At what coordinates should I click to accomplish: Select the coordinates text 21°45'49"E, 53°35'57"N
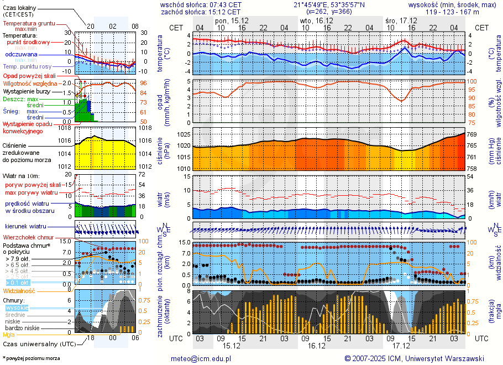pyautogui.click(x=328, y=4)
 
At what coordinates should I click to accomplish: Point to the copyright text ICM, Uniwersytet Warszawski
pyautogui.click(x=414, y=358)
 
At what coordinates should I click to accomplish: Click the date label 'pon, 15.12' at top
pyautogui.click(x=232, y=20)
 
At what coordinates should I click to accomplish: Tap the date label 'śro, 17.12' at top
pyautogui.click(x=401, y=20)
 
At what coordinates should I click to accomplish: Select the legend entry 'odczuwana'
pyautogui.click(x=21, y=55)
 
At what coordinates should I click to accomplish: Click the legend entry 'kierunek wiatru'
pyautogui.click(x=25, y=227)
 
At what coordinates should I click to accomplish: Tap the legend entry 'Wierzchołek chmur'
pyautogui.click(x=28, y=237)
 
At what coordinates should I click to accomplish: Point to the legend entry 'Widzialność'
pyautogui.click(x=19, y=290)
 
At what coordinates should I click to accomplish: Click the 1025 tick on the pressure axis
pyautogui.click(x=184, y=134)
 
